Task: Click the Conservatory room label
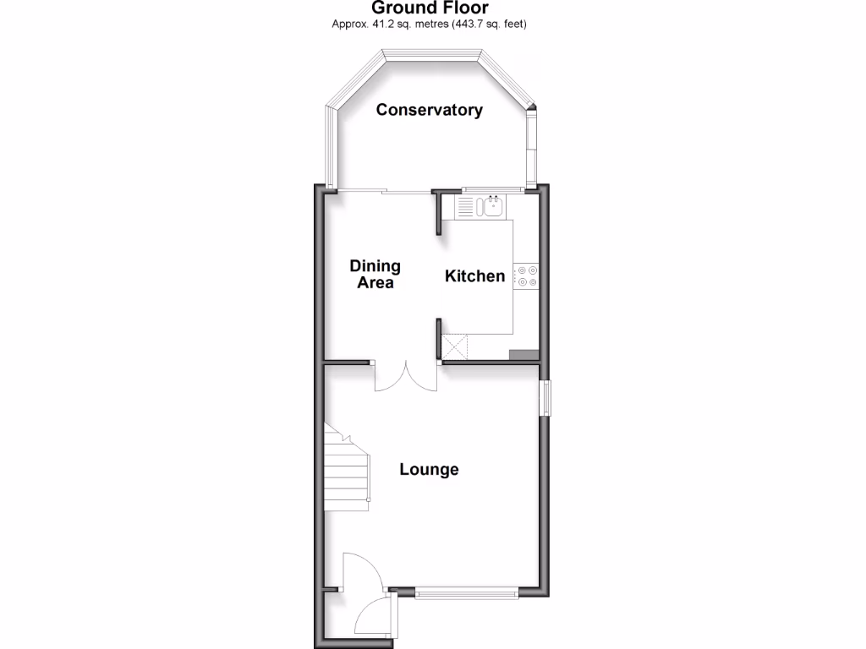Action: click(x=430, y=110)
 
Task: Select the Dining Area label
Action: click(x=375, y=275)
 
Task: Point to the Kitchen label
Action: click(x=475, y=276)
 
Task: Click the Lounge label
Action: click(x=430, y=470)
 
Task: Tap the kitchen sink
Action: click(x=490, y=206)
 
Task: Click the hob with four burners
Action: click(x=527, y=275)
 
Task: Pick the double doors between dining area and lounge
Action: click(x=406, y=377)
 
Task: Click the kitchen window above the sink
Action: click(x=491, y=188)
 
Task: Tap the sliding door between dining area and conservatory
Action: click(x=383, y=191)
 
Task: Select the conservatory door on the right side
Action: click(x=532, y=148)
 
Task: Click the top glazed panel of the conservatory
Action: click(x=431, y=54)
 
